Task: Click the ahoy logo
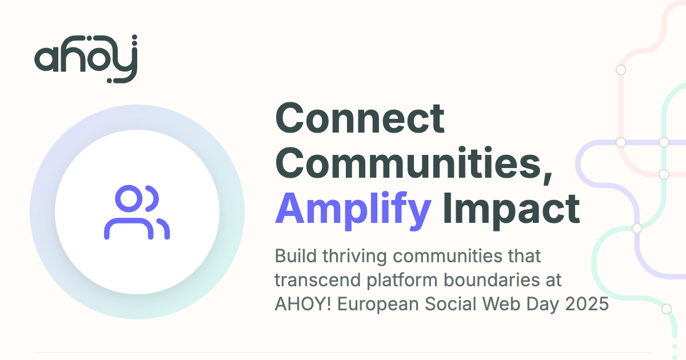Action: (86, 59)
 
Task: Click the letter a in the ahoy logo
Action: (46, 59)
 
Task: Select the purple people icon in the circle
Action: (137, 212)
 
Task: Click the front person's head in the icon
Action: (129, 198)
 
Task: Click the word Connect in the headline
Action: (360, 118)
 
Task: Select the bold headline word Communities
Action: (413, 163)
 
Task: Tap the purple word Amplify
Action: (353, 211)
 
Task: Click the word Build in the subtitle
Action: (296, 255)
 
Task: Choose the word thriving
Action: (354, 257)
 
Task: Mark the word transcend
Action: (318, 280)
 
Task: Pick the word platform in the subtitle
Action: (402, 281)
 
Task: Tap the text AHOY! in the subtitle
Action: (303, 304)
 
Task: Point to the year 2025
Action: (587, 304)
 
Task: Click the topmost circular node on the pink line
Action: (621, 70)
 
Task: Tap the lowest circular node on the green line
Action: (667, 309)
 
